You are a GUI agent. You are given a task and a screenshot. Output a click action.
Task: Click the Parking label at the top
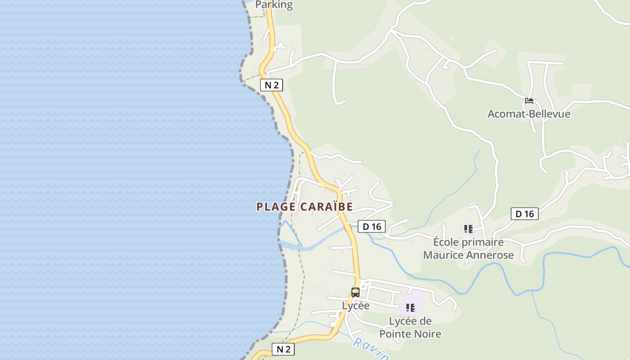(x=274, y=5)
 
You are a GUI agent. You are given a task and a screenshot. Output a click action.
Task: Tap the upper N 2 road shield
(x=271, y=85)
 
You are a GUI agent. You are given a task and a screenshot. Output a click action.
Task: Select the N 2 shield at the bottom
(x=283, y=349)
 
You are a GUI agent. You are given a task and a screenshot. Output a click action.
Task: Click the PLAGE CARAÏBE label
(x=305, y=207)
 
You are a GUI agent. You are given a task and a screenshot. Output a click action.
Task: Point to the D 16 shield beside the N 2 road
(x=372, y=226)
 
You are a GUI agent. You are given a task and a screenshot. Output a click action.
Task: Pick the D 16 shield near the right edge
(x=524, y=214)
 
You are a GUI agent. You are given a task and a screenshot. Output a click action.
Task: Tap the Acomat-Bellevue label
(x=529, y=114)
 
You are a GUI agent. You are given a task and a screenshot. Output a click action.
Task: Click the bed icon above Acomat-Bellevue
(x=529, y=100)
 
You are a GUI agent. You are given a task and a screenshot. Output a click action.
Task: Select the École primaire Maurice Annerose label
(x=468, y=248)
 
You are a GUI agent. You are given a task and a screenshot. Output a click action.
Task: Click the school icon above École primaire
(x=468, y=229)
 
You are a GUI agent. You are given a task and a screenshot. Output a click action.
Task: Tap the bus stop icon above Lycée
(x=355, y=292)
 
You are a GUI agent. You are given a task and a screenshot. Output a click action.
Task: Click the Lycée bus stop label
(x=355, y=306)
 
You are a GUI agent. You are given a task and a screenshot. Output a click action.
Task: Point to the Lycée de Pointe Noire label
(x=410, y=328)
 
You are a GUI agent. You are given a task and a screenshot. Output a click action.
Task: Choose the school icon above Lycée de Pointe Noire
(x=410, y=308)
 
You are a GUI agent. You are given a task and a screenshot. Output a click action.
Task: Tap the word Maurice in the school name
(x=443, y=255)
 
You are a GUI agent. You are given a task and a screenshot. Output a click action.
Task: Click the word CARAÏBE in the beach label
(x=326, y=207)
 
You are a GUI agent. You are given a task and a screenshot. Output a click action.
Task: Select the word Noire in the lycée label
(x=427, y=334)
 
